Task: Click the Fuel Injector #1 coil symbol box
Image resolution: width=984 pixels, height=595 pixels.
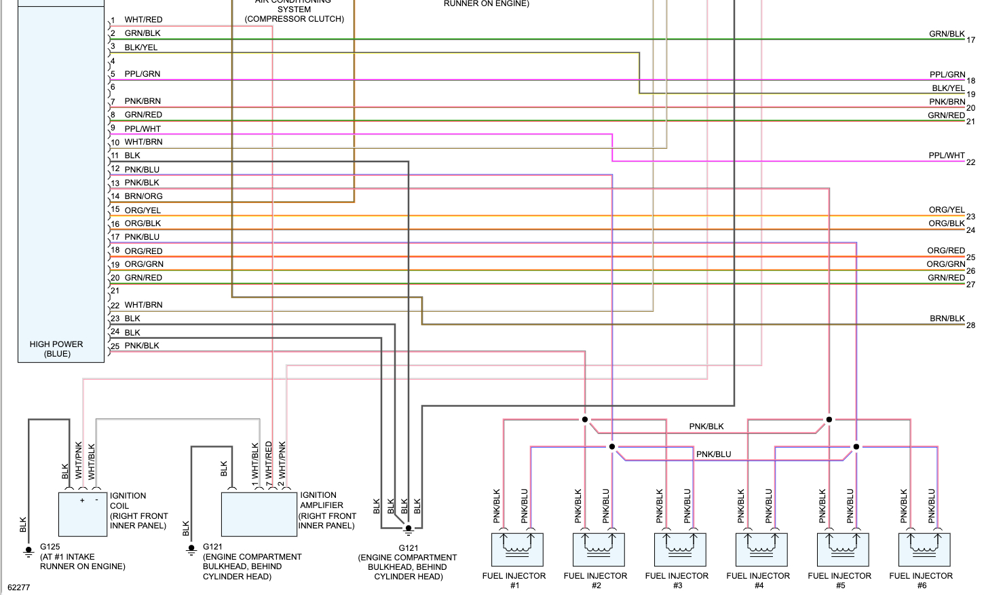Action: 517,549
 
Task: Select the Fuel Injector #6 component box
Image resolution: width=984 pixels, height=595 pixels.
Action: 924,549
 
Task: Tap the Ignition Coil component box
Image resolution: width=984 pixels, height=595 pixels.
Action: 83,514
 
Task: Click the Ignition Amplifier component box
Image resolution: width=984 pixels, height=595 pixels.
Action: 259,514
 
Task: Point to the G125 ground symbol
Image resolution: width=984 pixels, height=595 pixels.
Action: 29,551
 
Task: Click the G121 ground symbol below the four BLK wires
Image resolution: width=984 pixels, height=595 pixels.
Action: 409,529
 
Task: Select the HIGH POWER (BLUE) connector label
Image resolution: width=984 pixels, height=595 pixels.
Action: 56,349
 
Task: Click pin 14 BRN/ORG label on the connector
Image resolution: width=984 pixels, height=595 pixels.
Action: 143,196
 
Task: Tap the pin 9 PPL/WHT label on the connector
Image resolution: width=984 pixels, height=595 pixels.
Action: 143,128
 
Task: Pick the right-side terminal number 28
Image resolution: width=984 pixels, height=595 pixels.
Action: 970,325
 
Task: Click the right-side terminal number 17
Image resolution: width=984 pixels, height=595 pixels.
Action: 970,40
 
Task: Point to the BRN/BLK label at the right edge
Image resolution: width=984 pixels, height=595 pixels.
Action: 947,318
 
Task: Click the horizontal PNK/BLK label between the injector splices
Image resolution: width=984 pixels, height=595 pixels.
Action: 706,427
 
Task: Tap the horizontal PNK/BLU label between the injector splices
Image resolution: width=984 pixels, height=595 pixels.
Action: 713,454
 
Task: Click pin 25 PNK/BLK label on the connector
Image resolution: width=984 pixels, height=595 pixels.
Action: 142,346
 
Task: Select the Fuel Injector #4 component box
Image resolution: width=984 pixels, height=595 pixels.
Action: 761,549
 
